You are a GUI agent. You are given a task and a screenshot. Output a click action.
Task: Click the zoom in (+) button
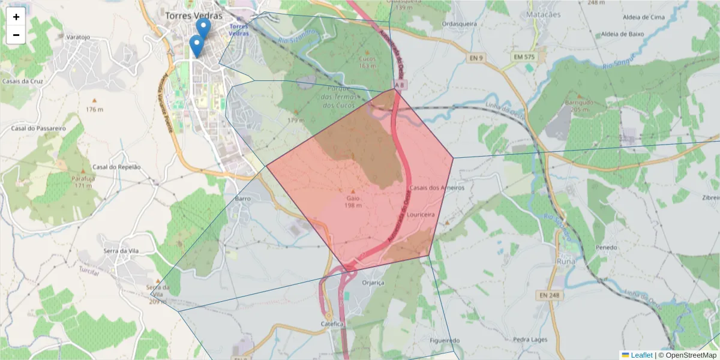(16, 17)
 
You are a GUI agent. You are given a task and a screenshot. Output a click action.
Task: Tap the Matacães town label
(542, 14)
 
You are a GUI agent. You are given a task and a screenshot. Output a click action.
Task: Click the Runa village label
(565, 262)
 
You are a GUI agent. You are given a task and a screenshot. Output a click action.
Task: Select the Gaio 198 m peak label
(353, 201)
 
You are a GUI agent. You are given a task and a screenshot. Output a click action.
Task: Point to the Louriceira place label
(419, 214)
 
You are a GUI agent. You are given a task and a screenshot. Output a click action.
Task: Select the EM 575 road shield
(524, 56)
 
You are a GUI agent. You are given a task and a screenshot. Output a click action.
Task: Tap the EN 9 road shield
(476, 57)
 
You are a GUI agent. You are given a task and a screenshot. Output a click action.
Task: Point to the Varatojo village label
(78, 37)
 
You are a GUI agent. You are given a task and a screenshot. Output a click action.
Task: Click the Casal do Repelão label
(116, 167)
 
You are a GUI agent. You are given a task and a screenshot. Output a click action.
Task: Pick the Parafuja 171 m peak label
(84, 182)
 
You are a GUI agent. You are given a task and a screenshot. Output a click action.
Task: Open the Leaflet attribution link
(641, 355)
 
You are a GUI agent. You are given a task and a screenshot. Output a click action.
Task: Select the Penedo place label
(607, 247)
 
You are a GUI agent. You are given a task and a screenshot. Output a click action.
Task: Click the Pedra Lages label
(530, 340)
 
